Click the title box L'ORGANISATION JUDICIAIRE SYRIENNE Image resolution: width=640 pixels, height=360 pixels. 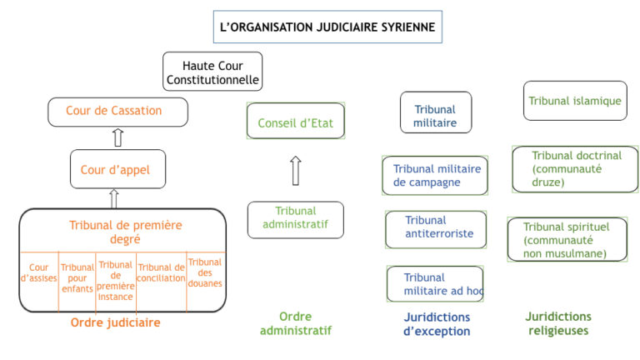[x=327, y=27]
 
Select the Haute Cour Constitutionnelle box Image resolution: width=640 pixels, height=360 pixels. [x=212, y=72]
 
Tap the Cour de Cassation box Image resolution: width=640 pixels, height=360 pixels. [x=118, y=112]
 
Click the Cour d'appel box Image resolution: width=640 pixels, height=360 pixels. [x=118, y=169]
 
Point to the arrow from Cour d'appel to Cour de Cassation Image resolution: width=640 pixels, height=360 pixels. [x=118, y=137]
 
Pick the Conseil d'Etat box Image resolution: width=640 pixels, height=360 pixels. [x=296, y=121]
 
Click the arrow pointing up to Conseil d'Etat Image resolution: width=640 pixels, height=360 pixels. [x=296, y=171]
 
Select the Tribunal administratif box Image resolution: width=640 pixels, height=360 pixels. [x=296, y=220]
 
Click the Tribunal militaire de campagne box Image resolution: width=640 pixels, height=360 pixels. [x=435, y=176]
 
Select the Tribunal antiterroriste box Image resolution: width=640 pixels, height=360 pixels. [x=436, y=229]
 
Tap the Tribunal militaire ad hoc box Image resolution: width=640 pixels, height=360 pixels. [x=435, y=283]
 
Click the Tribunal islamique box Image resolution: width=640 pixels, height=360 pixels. [x=575, y=101]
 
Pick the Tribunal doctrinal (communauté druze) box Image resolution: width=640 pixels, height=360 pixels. [x=575, y=169]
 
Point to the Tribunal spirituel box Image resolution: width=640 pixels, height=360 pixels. [x=567, y=239]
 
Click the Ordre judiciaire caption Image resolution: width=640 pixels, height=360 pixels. [x=116, y=322]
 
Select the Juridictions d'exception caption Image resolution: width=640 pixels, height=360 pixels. [x=437, y=324]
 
